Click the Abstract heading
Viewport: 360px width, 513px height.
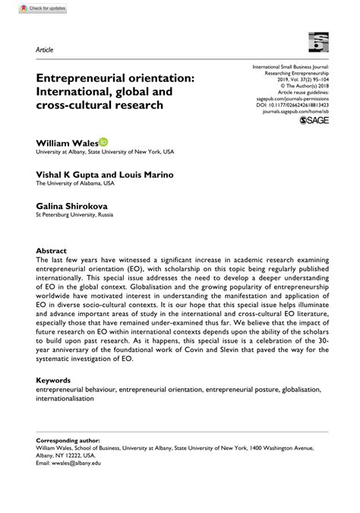(x=52, y=250)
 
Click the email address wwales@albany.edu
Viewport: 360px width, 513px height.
(x=77, y=464)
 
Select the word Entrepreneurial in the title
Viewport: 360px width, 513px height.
(x=87, y=78)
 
